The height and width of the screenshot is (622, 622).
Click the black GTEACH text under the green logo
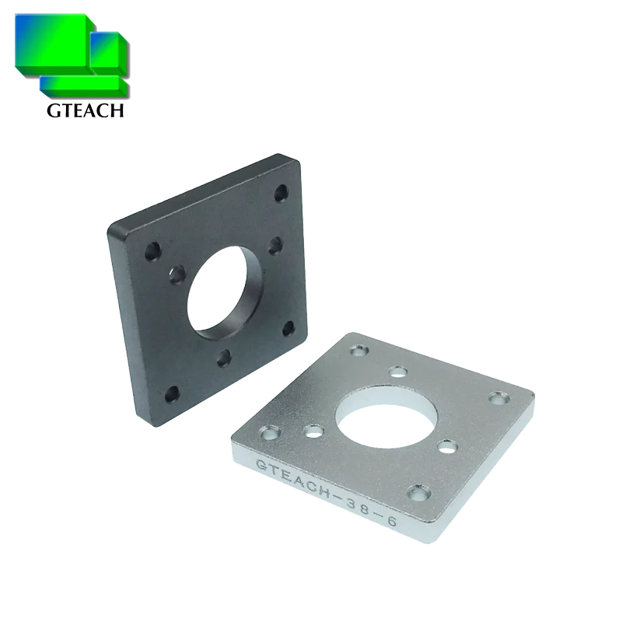coord(85,111)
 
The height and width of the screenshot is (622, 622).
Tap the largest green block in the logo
coord(51,47)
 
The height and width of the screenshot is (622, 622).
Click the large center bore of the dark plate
coord(225,292)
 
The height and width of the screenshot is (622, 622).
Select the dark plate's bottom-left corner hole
coord(173,393)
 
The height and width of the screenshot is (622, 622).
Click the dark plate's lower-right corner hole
coord(289,327)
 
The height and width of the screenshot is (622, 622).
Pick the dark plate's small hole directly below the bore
coord(225,355)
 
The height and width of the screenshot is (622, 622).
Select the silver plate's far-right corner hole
coord(496,398)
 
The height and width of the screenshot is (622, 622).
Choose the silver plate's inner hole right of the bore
coord(446,446)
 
